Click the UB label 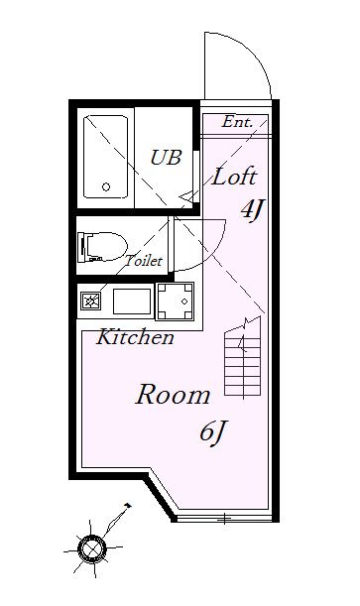[x=166, y=158]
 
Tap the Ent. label [x=237, y=122]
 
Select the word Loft [x=234, y=177]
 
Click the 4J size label [x=252, y=210]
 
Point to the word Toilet [x=143, y=260]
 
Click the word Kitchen [x=135, y=336]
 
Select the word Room [x=173, y=395]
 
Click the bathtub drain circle [x=106, y=187]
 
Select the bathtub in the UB [x=105, y=157]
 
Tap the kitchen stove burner [x=91, y=302]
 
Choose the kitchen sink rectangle [x=132, y=302]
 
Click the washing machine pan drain [x=184, y=302]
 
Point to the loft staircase [x=243, y=357]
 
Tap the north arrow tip [x=130, y=505]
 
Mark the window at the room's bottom [x=224, y=519]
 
